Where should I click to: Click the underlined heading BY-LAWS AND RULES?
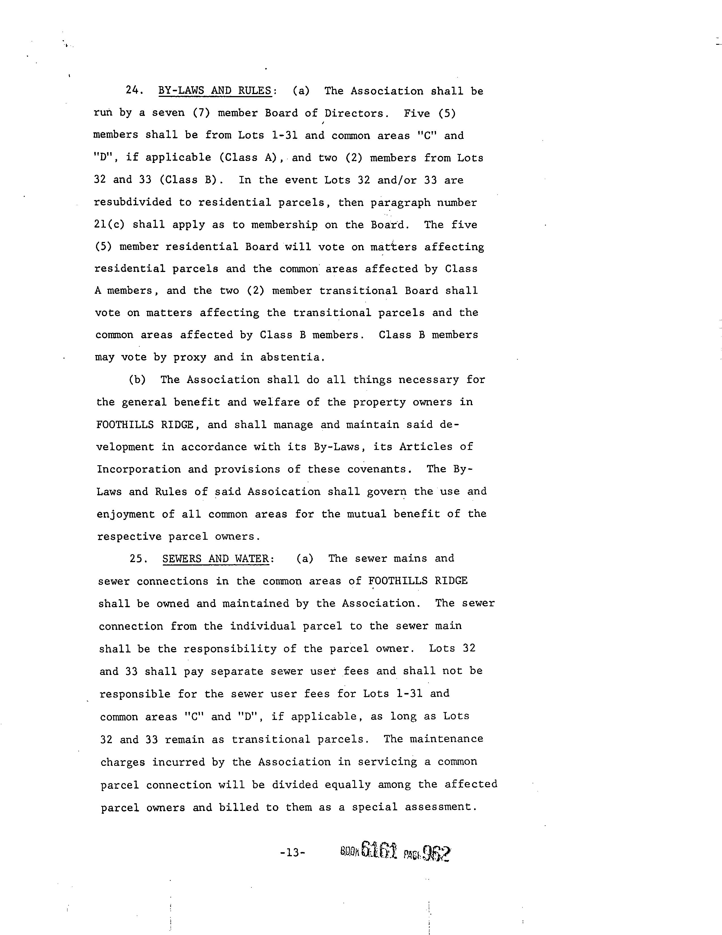click(215, 91)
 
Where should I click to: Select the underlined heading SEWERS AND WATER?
click(215, 559)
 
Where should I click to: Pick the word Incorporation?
click(139, 469)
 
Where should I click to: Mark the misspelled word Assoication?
click(284, 492)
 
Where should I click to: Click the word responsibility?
click(230, 649)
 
